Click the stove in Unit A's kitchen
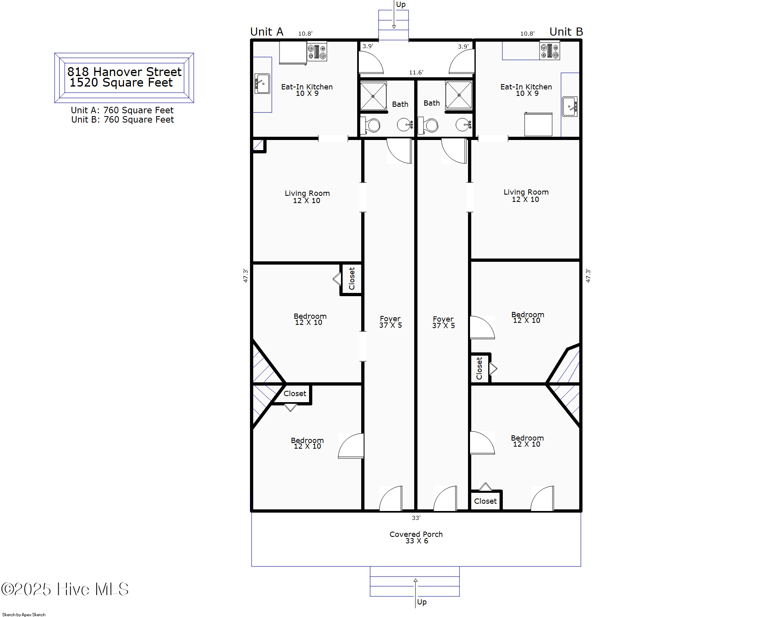tap(317, 51)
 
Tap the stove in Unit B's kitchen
tap(550, 51)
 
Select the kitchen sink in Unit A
tap(262, 84)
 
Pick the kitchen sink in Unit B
tap(570, 107)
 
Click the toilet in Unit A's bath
tap(371, 125)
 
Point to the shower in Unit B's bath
tap(459, 95)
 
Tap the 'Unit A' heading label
tap(267, 32)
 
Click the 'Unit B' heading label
tap(566, 32)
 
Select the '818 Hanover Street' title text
tap(124, 72)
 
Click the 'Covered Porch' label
tap(416, 534)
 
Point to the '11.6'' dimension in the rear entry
tap(416, 72)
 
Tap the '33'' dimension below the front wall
tap(416, 517)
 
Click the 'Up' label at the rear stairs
tap(401, 4)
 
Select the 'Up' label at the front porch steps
tap(422, 602)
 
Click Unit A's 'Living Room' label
tap(307, 193)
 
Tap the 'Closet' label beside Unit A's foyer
tap(352, 278)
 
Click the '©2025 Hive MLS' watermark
tap(65, 589)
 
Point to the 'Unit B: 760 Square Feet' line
tap(123, 119)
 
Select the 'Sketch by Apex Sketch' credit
tap(24, 615)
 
